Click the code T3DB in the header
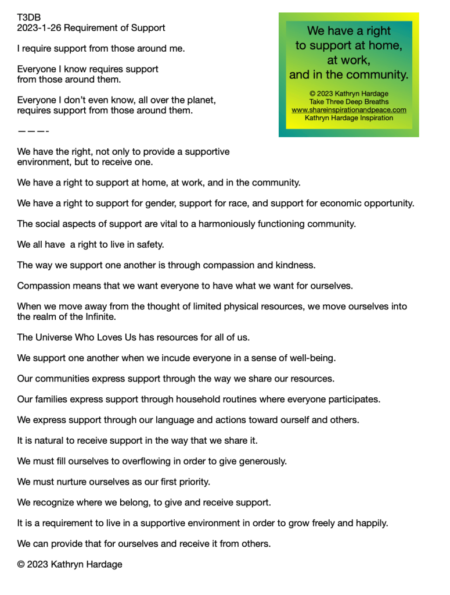[29, 17]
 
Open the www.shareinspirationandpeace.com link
[348, 110]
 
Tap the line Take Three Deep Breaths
[348, 102]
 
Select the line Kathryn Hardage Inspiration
[348, 118]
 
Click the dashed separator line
[33, 131]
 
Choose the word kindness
[294, 266]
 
